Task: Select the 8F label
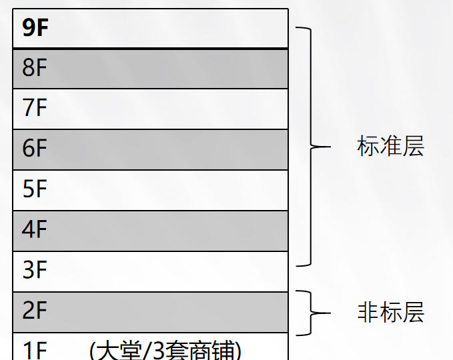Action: click(x=35, y=69)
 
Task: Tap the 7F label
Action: click(x=35, y=108)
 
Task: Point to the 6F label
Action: click(x=35, y=149)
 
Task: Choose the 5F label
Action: click(x=35, y=190)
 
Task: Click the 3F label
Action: click(x=35, y=271)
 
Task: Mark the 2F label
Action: click(x=35, y=311)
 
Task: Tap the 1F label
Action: click(x=35, y=351)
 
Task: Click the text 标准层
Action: click(x=390, y=147)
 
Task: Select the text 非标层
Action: click(x=390, y=312)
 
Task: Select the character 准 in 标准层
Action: click(x=390, y=147)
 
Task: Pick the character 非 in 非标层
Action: click(x=368, y=312)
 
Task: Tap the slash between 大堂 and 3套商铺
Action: click(x=142, y=351)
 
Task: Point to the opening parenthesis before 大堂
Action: click(x=93, y=351)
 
